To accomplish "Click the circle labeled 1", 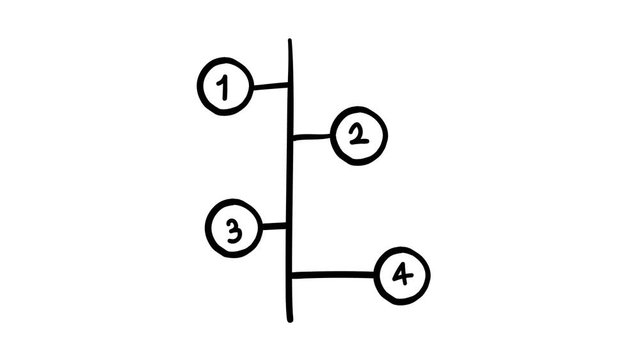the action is click(224, 87).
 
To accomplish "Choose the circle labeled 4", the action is click(402, 274).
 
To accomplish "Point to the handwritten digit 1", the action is click(224, 88).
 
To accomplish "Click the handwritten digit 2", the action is click(357, 136).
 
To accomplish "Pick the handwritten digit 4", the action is click(402, 274).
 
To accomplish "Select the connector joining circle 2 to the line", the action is click(311, 136).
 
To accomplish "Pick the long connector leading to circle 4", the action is click(333, 273).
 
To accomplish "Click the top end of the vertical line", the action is click(290, 42).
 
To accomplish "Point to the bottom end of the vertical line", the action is click(291, 320).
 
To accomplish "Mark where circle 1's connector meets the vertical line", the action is click(290, 87).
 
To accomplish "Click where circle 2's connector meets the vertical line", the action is click(290, 136).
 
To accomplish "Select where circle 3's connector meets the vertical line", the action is click(290, 226).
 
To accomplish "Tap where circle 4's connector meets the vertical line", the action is click(291, 273).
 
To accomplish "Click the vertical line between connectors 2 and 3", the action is click(290, 181).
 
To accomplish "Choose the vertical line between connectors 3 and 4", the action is click(290, 250).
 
